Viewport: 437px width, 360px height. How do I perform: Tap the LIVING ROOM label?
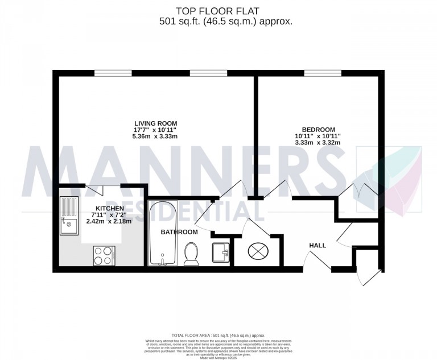(x=155, y=123)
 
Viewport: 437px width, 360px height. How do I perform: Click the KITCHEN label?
(x=109, y=208)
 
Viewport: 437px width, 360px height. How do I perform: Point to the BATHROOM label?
(x=179, y=232)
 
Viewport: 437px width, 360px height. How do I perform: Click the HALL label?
(x=317, y=245)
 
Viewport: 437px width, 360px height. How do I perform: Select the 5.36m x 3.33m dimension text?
(x=155, y=137)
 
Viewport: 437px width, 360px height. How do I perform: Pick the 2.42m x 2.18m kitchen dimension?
(x=109, y=221)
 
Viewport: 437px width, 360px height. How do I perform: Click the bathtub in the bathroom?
(x=163, y=233)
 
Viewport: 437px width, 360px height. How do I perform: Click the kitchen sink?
(x=70, y=216)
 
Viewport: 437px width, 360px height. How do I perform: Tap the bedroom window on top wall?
(x=323, y=73)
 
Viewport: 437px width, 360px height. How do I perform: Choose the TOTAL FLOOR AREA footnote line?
(x=218, y=336)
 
